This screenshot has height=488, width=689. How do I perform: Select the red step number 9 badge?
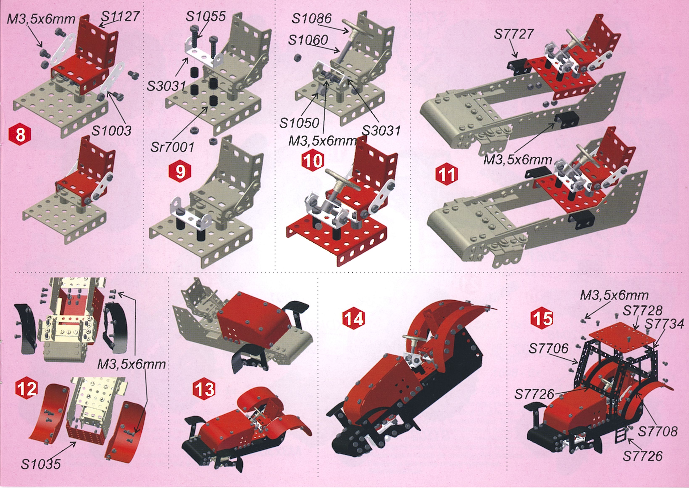coord(180,172)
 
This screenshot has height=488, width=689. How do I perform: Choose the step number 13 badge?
coord(204,390)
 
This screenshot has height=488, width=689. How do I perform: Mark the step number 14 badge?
coord(354,319)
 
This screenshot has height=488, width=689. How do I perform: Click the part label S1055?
coord(205,17)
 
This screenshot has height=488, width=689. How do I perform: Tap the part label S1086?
coord(312,19)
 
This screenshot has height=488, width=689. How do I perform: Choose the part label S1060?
coord(308,40)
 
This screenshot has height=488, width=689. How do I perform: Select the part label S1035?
coord(41,464)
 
